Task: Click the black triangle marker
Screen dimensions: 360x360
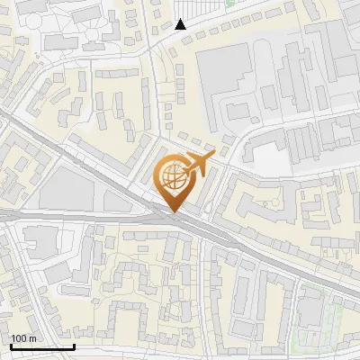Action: tap(181, 24)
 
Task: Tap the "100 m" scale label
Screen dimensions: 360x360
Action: tap(23, 338)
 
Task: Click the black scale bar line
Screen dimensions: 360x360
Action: tap(41, 346)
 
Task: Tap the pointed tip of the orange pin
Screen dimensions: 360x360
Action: tap(173, 212)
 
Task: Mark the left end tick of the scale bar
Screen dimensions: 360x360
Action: tap(10, 345)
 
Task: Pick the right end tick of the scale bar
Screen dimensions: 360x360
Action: tap(74, 345)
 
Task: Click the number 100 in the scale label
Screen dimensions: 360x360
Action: tap(19, 338)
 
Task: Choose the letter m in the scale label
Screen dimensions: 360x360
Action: tap(32, 338)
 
